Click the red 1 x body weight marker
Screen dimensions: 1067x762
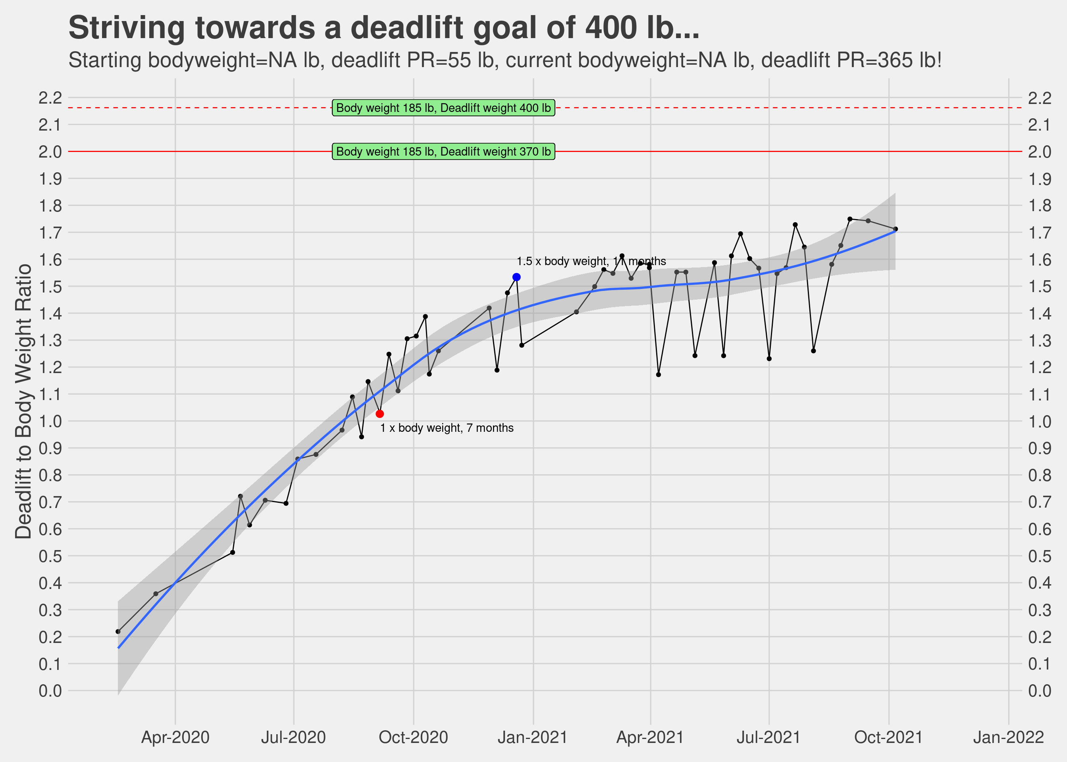pos(379,414)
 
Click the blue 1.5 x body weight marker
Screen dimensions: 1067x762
pos(516,277)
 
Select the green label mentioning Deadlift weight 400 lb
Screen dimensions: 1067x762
pos(443,108)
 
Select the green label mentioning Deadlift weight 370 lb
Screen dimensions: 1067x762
pos(443,152)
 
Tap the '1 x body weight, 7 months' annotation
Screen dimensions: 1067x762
pos(447,428)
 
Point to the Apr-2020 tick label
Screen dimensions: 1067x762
pos(175,738)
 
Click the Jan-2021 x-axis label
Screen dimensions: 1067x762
pos(533,738)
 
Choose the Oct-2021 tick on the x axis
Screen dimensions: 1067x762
pos(889,738)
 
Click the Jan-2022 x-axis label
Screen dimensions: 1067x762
pos(1009,738)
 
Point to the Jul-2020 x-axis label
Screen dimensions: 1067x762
pos(293,738)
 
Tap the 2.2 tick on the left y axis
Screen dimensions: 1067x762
pos(50,98)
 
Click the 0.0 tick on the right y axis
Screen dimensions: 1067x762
pos(1040,691)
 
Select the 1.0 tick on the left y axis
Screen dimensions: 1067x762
pos(50,421)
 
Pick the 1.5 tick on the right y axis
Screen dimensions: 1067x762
pos(1040,287)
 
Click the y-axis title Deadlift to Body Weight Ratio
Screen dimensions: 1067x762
pos(23,401)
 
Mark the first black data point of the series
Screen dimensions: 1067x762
pos(118,631)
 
